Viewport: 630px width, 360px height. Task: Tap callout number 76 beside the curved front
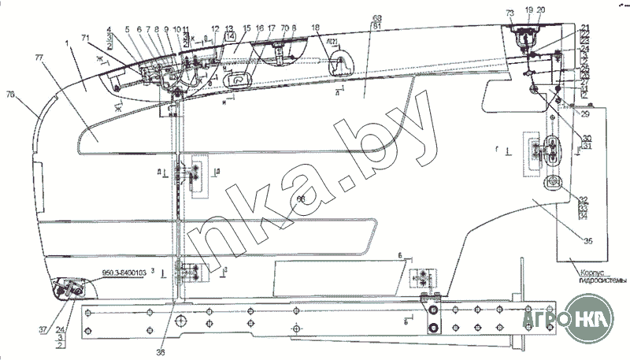pyautogui.click(x=9, y=95)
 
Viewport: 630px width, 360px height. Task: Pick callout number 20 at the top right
pyautogui.click(x=540, y=10)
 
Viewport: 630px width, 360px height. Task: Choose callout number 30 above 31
pyautogui.click(x=587, y=139)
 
